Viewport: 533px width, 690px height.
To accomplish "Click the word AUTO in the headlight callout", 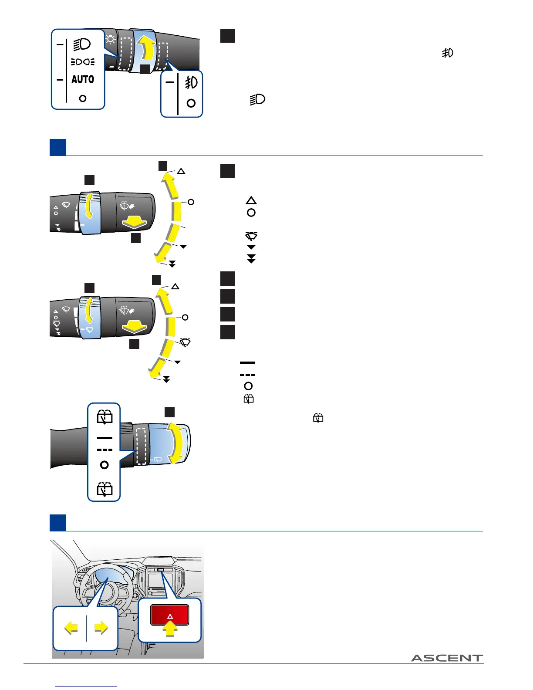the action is [83, 79].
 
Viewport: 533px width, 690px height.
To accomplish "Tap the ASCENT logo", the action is [447, 658].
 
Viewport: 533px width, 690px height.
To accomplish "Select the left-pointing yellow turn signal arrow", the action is [71, 628].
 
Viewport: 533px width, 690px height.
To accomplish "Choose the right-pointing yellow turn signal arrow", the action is [101, 628].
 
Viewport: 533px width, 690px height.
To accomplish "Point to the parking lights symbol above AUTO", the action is [83, 62].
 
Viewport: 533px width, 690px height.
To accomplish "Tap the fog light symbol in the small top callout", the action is [191, 82].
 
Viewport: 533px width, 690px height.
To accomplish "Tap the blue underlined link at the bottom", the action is [86, 686].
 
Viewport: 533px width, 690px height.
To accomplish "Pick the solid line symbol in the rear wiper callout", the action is [105, 438].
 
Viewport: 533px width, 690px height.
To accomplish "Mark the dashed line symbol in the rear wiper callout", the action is [105, 450].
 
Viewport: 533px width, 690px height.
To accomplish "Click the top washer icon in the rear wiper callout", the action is [105, 417].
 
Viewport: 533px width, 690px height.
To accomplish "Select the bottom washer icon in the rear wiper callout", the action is [105, 489].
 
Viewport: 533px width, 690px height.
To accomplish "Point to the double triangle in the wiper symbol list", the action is [251, 260].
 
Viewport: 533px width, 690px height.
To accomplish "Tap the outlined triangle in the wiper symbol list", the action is [251, 200].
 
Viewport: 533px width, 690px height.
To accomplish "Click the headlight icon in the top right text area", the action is [257, 100].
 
